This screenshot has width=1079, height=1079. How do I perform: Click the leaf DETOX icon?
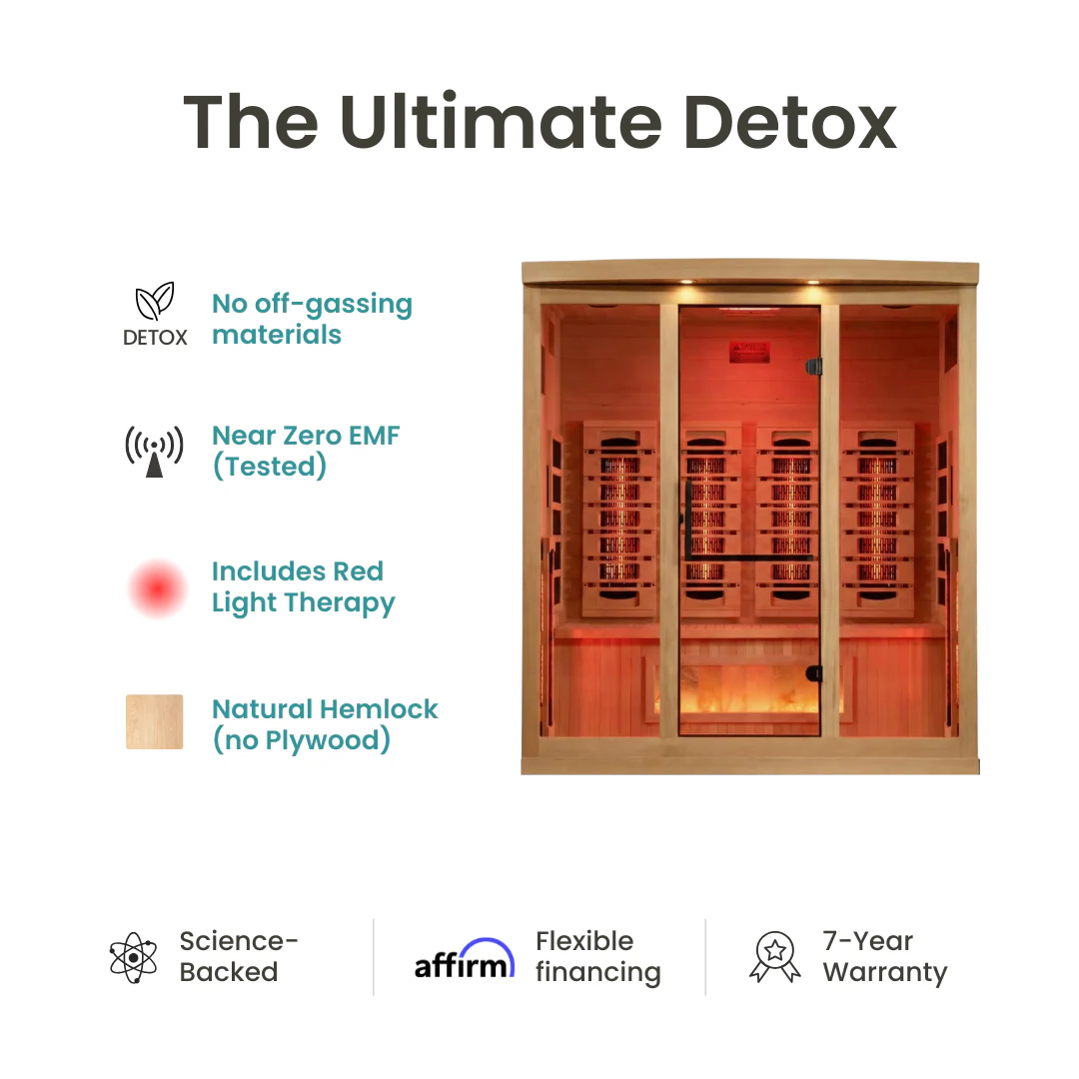155,314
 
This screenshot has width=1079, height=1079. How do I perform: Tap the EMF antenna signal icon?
154,452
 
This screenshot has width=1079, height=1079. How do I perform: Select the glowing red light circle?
157,588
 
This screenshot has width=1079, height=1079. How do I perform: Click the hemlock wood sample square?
155,721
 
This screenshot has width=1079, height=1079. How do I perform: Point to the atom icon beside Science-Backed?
134,957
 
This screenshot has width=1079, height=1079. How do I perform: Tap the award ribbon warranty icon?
774,957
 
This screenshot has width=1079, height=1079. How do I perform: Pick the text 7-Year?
867,941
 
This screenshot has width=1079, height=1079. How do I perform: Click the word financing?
597,973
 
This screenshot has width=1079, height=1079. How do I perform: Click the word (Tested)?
269,467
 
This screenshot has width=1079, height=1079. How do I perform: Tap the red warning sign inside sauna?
749,352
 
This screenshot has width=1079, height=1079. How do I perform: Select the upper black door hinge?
814,366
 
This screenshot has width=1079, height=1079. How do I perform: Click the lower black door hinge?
814,673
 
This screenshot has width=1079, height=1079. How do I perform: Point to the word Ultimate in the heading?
498,123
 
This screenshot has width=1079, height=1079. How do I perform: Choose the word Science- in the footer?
239,941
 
